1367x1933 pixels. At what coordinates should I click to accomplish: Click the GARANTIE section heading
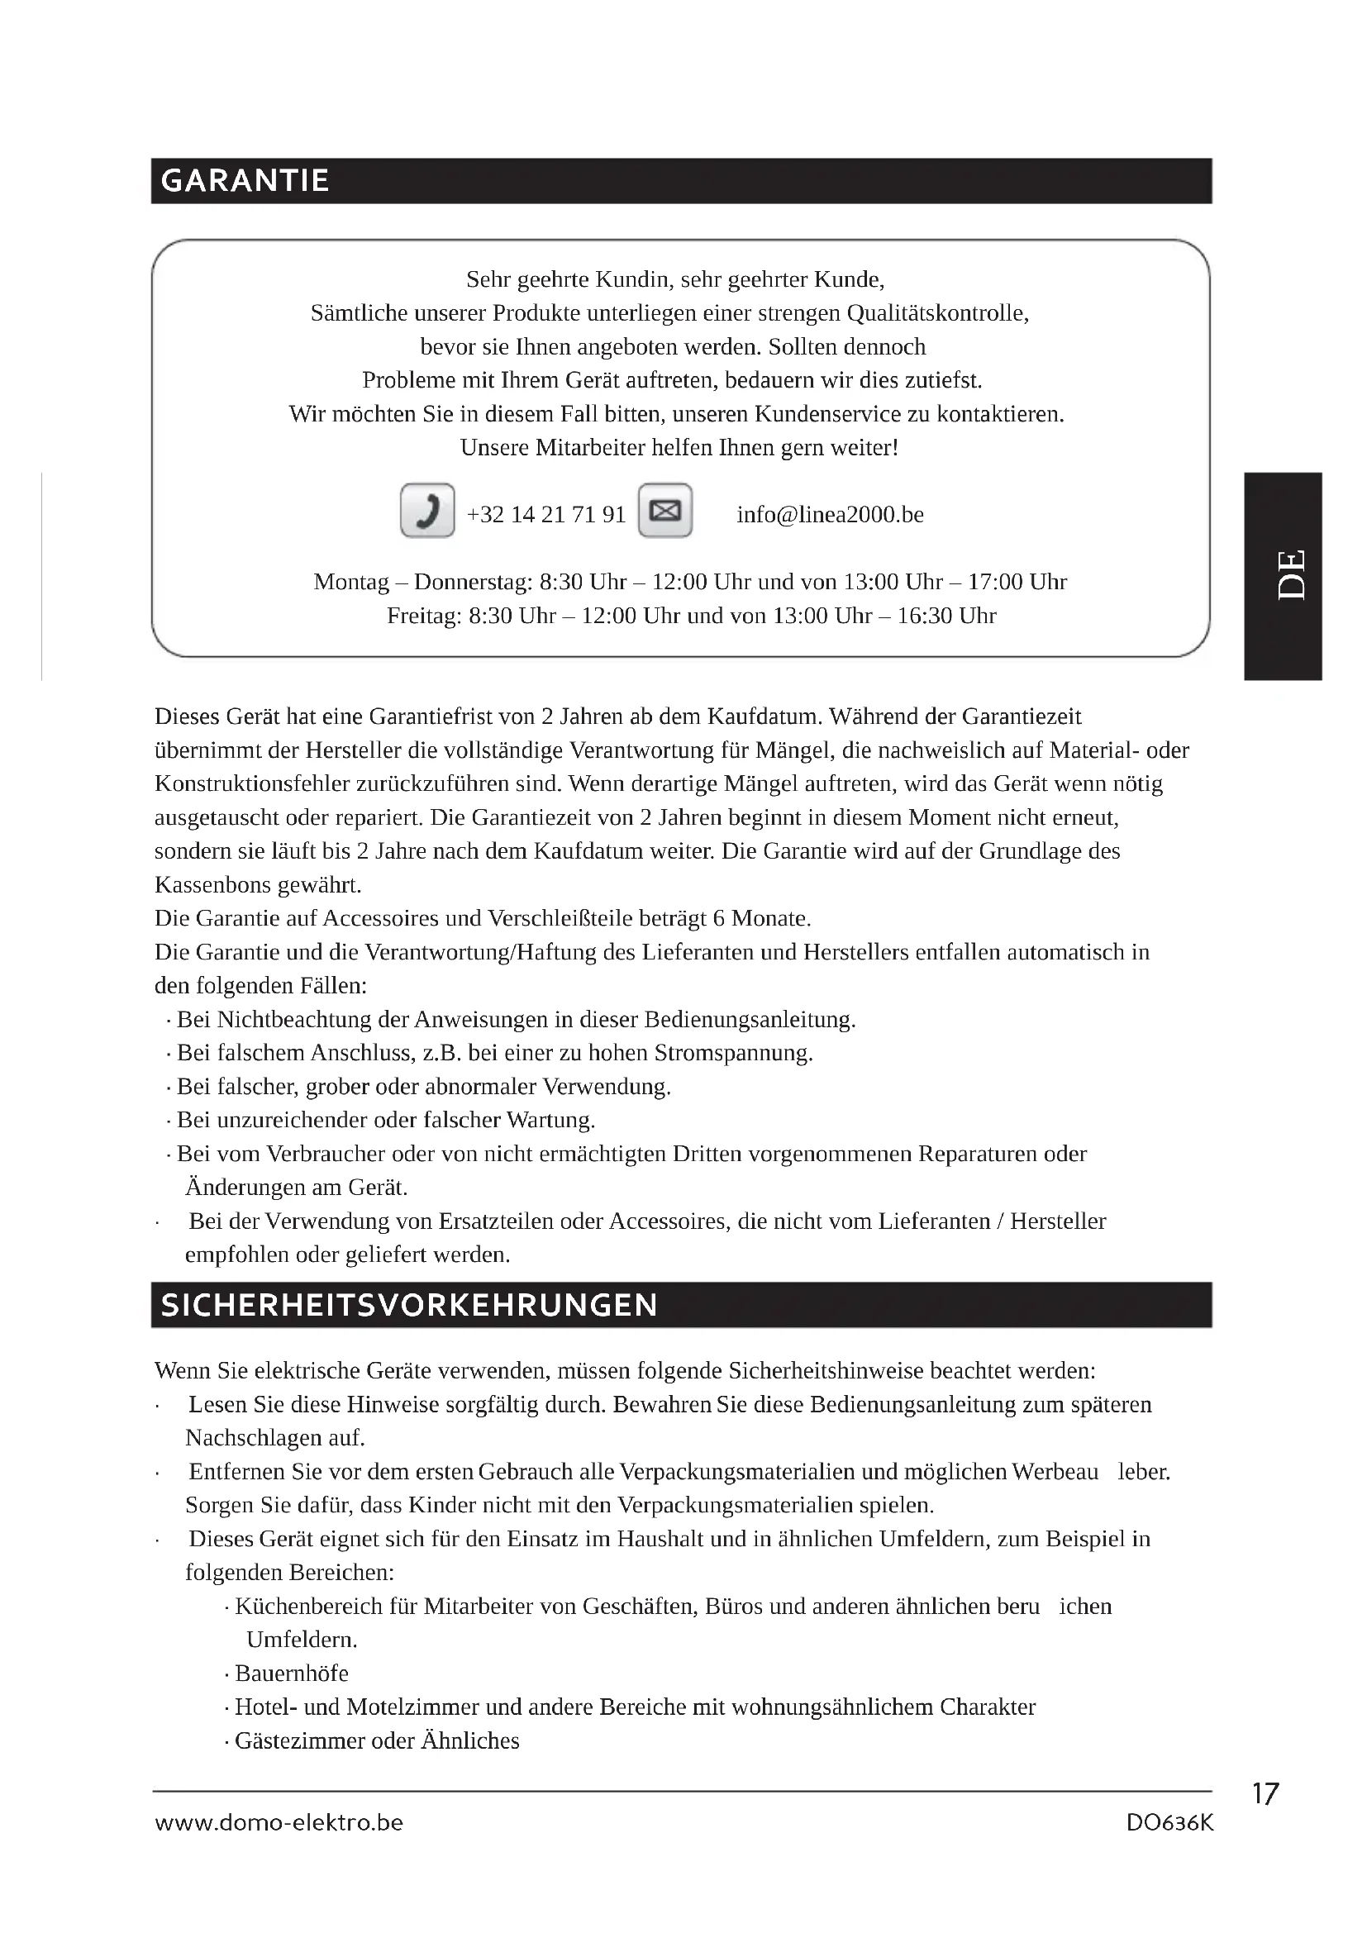(x=244, y=181)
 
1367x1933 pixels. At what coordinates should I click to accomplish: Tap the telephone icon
(x=427, y=510)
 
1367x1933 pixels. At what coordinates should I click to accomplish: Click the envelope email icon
(x=665, y=510)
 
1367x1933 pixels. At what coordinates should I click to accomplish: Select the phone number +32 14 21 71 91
(x=546, y=514)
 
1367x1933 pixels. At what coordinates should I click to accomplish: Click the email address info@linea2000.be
(x=830, y=514)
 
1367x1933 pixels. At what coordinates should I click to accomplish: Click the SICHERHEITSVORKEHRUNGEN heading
(x=409, y=1306)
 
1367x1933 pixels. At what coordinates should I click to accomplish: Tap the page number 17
(x=1265, y=1794)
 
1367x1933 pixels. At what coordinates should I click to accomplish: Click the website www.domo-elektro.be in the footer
(x=279, y=1823)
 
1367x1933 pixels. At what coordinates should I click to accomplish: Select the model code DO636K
(x=1170, y=1823)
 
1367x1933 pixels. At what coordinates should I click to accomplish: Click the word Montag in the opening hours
(x=351, y=582)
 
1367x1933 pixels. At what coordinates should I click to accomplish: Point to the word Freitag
(x=423, y=616)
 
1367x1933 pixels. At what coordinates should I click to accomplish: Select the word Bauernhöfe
(x=291, y=1673)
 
